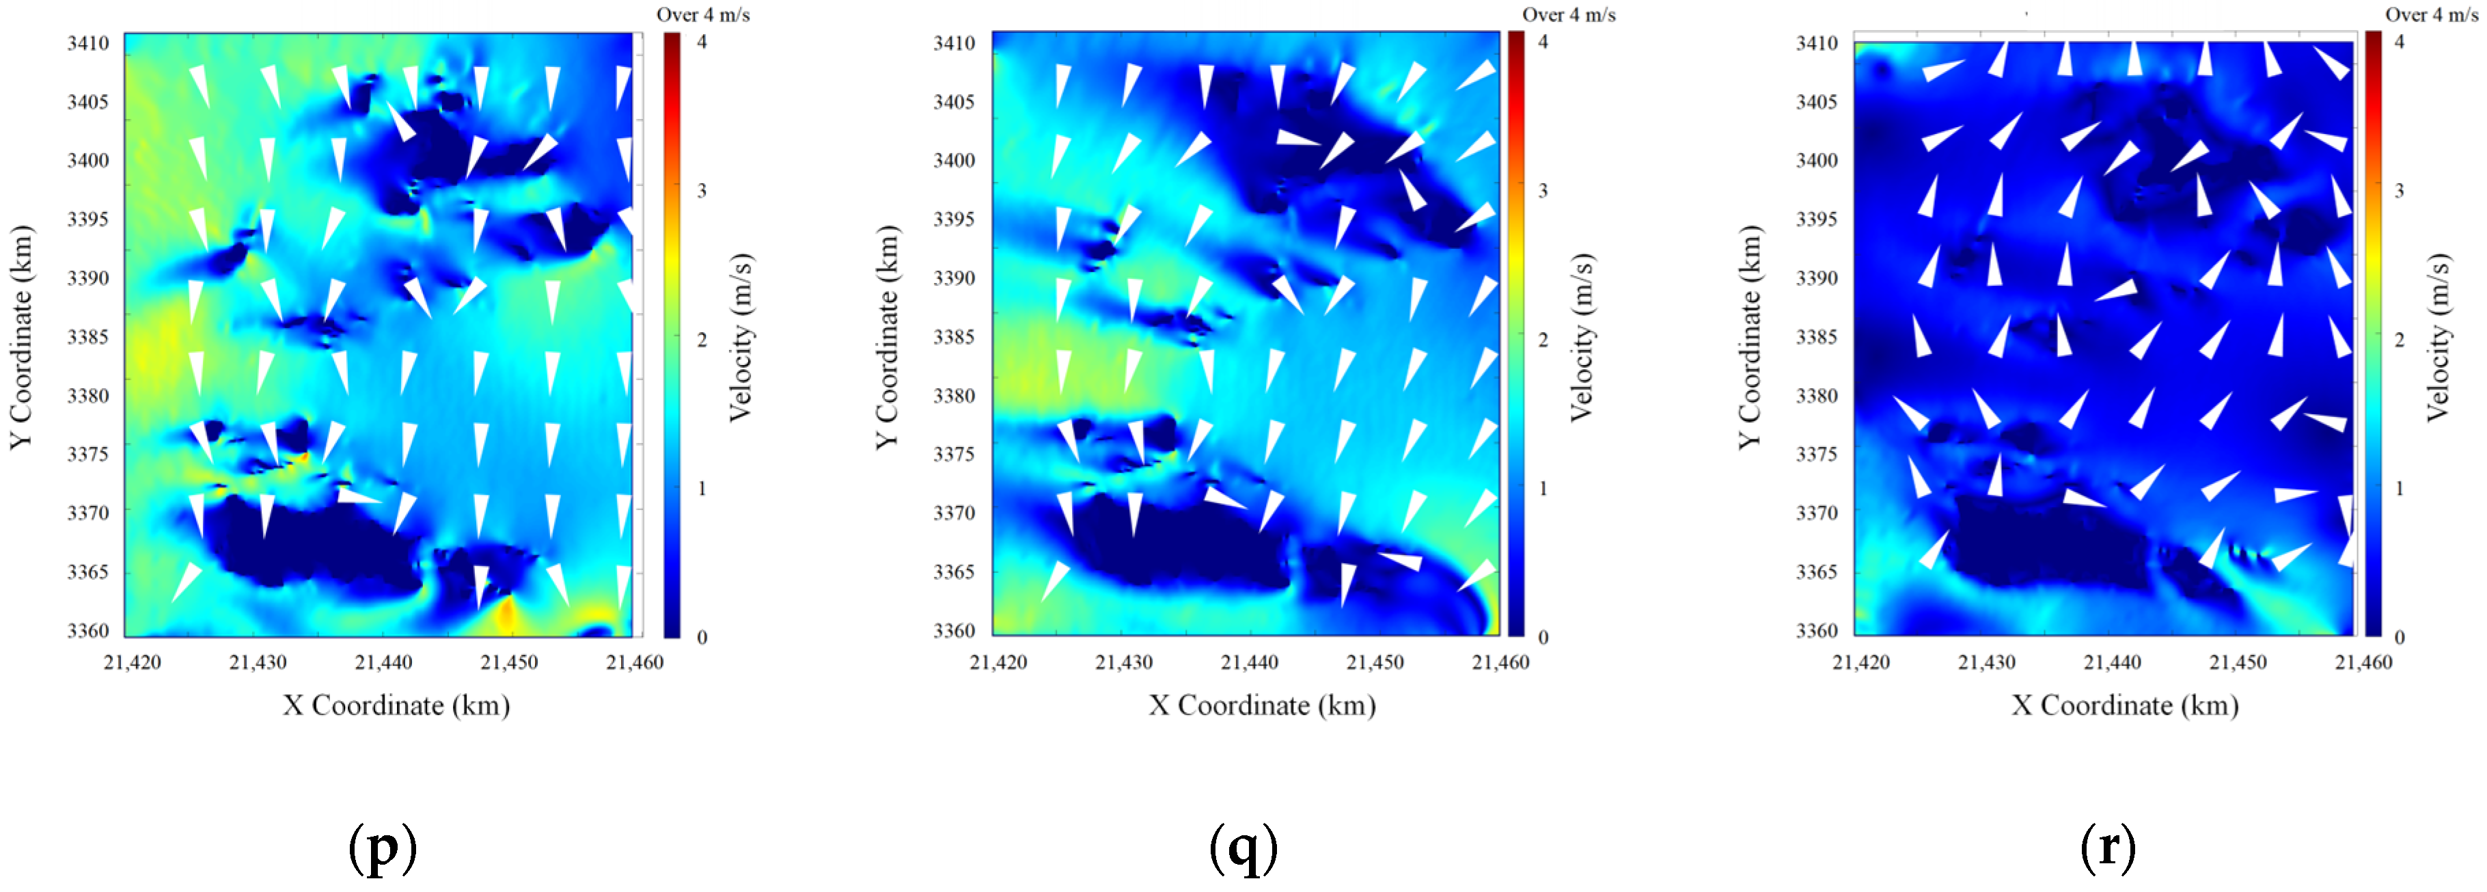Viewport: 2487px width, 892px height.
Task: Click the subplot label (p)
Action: pyautogui.click(x=383, y=847)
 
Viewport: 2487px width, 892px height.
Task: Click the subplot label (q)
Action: pyautogui.click(x=1243, y=847)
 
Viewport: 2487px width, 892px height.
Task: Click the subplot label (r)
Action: pyautogui.click(x=2108, y=847)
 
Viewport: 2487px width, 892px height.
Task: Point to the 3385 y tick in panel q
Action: pyautogui.click(x=954, y=337)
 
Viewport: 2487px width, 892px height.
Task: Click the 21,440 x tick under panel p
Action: pyautogui.click(x=383, y=662)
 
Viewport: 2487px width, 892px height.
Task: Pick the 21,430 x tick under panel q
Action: pyautogui.click(x=1124, y=662)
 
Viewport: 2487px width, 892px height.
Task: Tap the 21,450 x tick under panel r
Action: pyautogui.click(x=2238, y=662)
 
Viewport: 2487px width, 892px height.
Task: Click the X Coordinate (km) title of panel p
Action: pyautogui.click(x=396, y=705)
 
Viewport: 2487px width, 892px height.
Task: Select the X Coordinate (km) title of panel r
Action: pyautogui.click(x=2125, y=705)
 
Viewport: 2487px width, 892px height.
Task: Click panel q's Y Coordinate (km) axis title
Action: pyautogui.click(x=886, y=337)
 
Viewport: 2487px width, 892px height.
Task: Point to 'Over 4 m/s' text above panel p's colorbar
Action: pyautogui.click(x=703, y=14)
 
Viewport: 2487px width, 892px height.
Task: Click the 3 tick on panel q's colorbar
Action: pyautogui.click(x=1543, y=190)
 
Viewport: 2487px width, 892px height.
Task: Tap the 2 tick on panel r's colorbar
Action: pyautogui.click(x=2399, y=340)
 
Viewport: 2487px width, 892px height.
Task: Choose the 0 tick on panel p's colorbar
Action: pyautogui.click(x=702, y=637)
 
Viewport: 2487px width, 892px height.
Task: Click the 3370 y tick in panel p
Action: pyautogui.click(x=88, y=513)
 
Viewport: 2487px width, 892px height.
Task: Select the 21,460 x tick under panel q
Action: pyautogui.click(x=1500, y=662)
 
